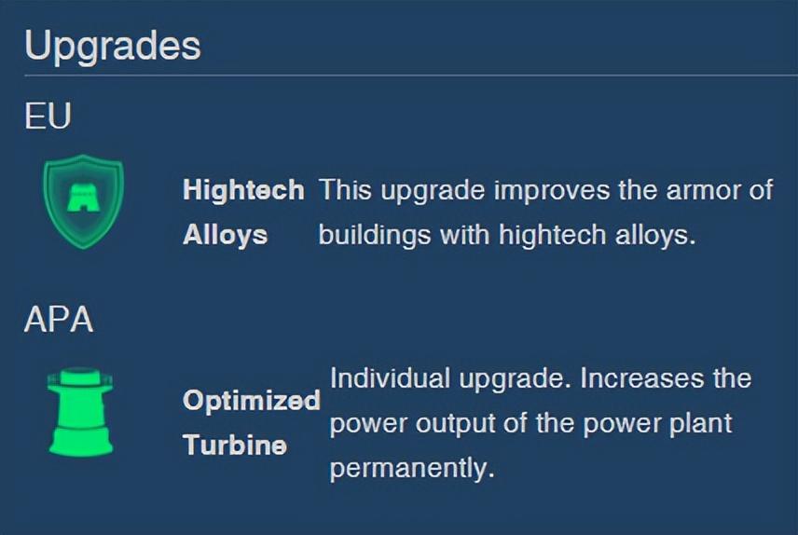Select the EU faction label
pos(48,116)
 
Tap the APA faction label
pos(59,319)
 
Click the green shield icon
pos(84,201)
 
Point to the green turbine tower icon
pos(80,411)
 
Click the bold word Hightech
pos(243,190)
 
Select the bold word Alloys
pos(225,235)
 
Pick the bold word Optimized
pos(252,400)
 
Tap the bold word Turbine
pos(235,445)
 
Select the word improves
pos(552,190)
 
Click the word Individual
pos(390,378)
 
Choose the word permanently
pos(412,468)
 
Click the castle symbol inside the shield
pos(84,198)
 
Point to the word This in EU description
pos(345,190)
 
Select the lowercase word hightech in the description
pos(552,235)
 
